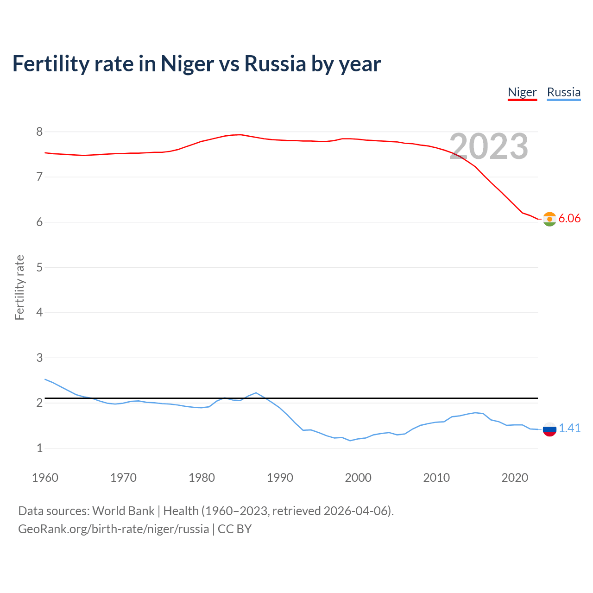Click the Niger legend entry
pos(522,92)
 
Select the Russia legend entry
pos(563,92)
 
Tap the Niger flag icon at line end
pos(549,219)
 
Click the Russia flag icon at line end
pos(549,429)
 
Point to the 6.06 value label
pos(569,219)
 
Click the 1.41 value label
pos(569,429)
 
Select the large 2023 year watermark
pos(489,146)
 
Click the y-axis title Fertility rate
pos(19,287)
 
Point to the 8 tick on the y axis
pos(39,132)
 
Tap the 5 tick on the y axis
pos(39,267)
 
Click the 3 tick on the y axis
pos(39,358)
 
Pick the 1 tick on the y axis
pos(39,448)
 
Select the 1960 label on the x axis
pos(45,478)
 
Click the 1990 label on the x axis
pos(280,478)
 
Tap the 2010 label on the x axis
pos(436,478)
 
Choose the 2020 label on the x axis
pos(515,478)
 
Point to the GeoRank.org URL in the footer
pos(114,529)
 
